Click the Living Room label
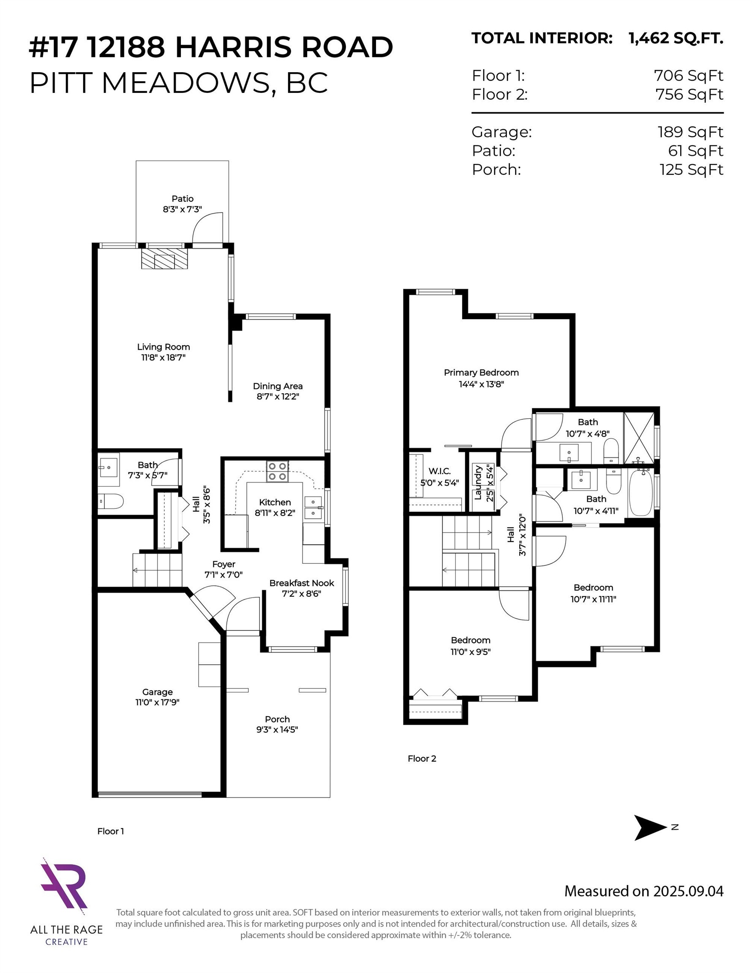[x=163, y=347]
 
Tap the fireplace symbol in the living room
[x=164, y=259]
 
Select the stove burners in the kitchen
[x=277, y=471]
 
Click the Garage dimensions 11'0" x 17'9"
[x=157, y=702]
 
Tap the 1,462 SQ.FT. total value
[x=676, y=38]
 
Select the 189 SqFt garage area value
[x=690, y=132]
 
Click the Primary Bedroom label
[x=481, y=372]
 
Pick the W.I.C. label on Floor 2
[x=439, y=471]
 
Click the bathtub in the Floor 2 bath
[x=640, y=495]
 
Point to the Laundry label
[x=478, y=483]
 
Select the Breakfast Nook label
[x=301, y=583]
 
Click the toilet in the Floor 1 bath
[x=110, y=501]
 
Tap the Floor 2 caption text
[x=422, y=758]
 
